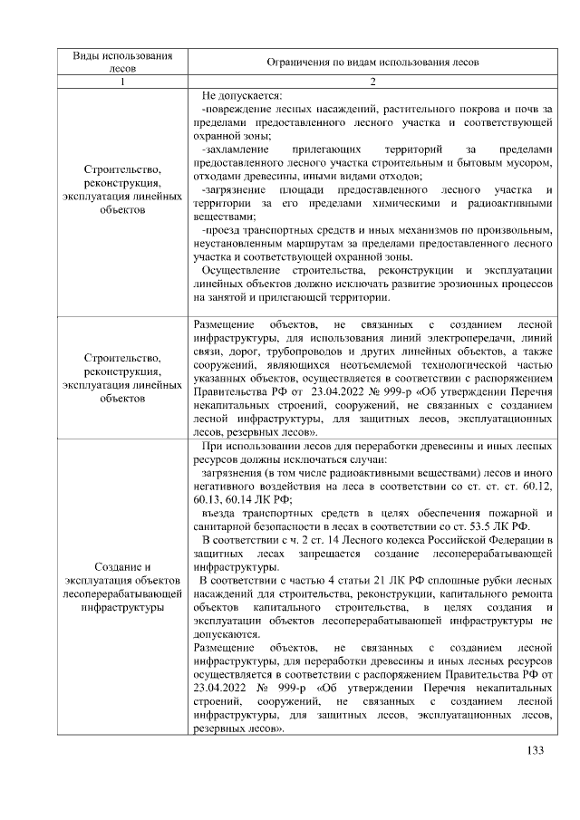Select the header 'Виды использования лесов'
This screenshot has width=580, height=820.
click(x=122, y=62)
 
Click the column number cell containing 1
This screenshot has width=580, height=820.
click(x=122, y=82)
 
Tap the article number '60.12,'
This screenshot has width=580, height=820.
click(x=535, y=487)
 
